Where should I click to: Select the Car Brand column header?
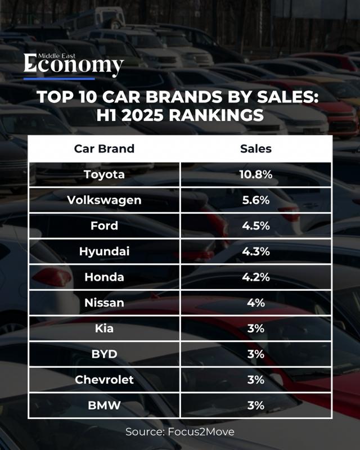(104, 149)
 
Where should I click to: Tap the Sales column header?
(256, 149)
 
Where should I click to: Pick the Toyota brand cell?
(104, 174)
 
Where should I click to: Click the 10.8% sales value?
(256, 174)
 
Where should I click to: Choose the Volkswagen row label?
(104, 200)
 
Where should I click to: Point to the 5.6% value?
(256, 200)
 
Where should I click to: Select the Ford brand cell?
(104, 226)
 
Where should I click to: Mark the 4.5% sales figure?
(256, 226)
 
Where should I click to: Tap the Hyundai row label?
(104, 251)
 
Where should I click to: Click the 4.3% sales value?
(256, 251)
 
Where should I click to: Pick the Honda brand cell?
(104, 277)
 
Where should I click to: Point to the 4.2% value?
(256, 277)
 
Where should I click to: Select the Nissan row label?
(104, 303)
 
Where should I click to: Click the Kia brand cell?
(104, 328)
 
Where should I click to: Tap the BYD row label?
(104, 354)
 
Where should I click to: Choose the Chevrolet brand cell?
(104, 380)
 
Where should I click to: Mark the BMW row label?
(104, 405)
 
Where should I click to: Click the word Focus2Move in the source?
(201, 431)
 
